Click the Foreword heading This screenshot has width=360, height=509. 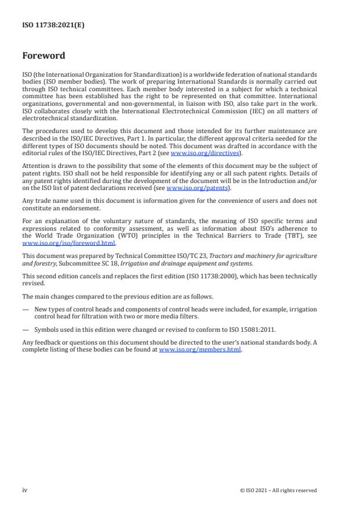tap(44, 56)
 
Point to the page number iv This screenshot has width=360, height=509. tap(24, 490)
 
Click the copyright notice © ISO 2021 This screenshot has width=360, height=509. tap(278, 490)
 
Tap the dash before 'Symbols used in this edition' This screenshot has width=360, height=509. tap(26, 329)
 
